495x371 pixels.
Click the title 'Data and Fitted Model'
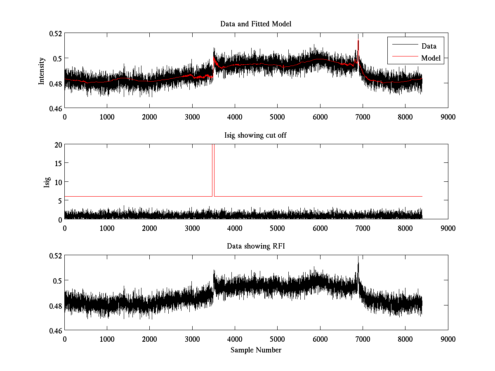coord(256,24)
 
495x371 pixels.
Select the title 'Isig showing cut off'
coord(256,135)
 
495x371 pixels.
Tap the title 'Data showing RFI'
coord(256,247)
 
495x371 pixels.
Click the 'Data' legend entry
coord(429,46)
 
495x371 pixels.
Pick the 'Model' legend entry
coord(431,58)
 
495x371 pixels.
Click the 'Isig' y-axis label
coord(47,182)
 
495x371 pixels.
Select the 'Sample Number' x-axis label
coord(256,350)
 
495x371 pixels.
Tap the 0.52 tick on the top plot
coord(56,33)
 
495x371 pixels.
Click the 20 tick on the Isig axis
coord(58,145)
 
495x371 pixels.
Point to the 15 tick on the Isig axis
coord(58,163)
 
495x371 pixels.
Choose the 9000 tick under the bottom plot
coord(448,339)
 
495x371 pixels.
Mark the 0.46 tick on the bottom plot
coord(56,331)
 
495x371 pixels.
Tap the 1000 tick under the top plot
coord(107,117)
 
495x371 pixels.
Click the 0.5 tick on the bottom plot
coord(58,281)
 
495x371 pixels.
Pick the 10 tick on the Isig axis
coord(58,182)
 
